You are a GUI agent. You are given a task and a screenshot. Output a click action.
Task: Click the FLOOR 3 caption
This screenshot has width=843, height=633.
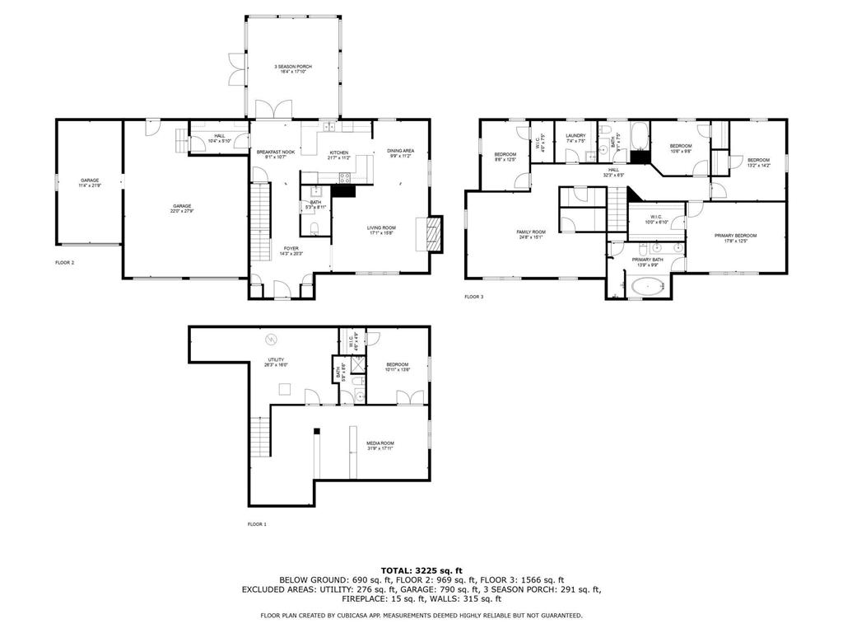[x=475, y=297]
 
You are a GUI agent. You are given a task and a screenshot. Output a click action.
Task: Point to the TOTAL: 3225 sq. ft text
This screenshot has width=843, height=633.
[x=421, y=570]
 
